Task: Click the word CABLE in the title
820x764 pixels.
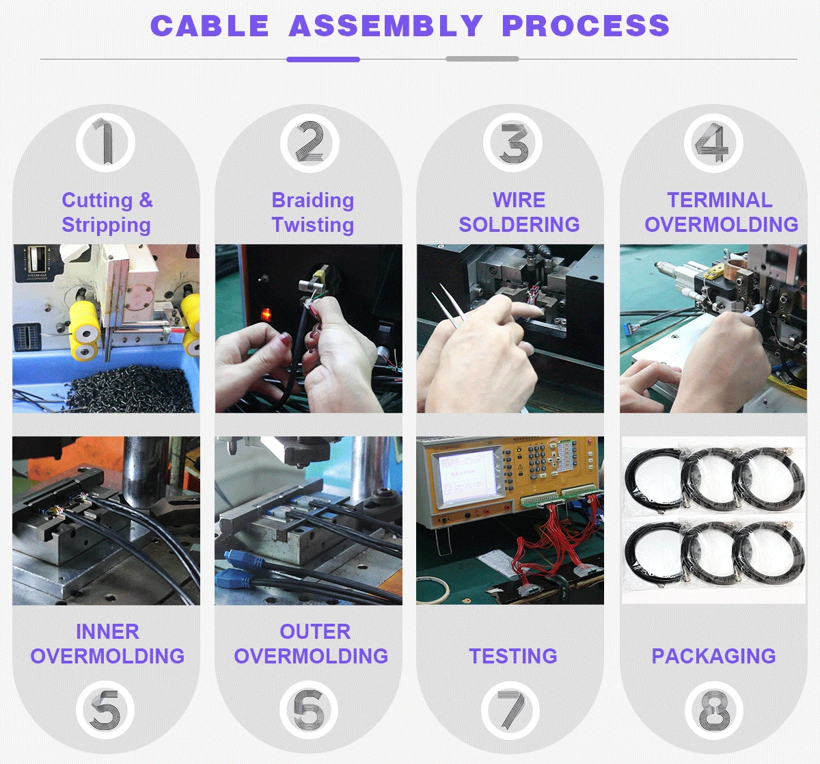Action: (x=210, y=25)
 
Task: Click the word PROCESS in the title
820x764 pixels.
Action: (x=586, y=25)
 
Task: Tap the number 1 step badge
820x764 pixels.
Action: (x=106, y=142)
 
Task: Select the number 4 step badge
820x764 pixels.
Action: (x=713, y=143)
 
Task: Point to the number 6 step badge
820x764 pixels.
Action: (x=309, y=710)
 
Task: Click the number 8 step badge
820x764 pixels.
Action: (x=714, y=710)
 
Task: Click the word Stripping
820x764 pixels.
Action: (x=106, y=226)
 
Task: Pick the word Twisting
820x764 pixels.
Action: (x=313, y=225)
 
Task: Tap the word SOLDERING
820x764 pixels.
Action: (x=519, y=225)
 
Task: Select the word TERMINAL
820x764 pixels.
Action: (x=720, y=200)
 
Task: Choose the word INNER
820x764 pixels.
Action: (x=107, y=632)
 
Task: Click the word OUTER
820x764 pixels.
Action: (x=315, y=632)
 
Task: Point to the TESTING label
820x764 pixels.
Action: (x=513, y=656)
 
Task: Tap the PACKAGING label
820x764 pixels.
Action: (x=713, y=656)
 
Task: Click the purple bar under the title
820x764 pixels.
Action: (x=323, y=59)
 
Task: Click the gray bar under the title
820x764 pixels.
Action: (x=482, y=59)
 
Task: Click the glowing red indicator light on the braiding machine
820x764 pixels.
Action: (x=266, y=314)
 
